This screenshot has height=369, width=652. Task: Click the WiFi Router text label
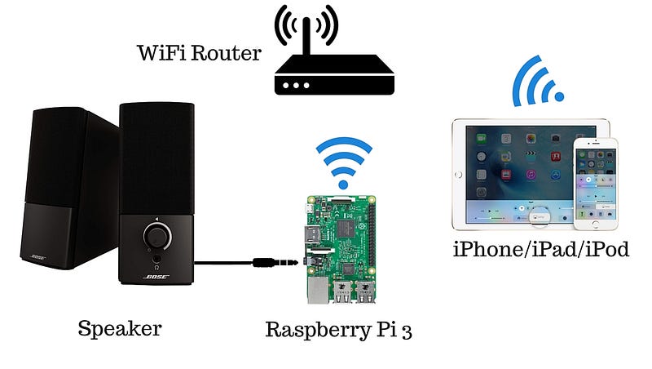(x=199, y=54)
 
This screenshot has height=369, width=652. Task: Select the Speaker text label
(x=120, y=329)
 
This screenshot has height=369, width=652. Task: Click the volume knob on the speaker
(x=156, y=237)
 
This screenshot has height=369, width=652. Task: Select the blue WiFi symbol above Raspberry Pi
(x=343, y=160)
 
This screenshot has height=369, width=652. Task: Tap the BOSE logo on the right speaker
(x=156, y=278)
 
